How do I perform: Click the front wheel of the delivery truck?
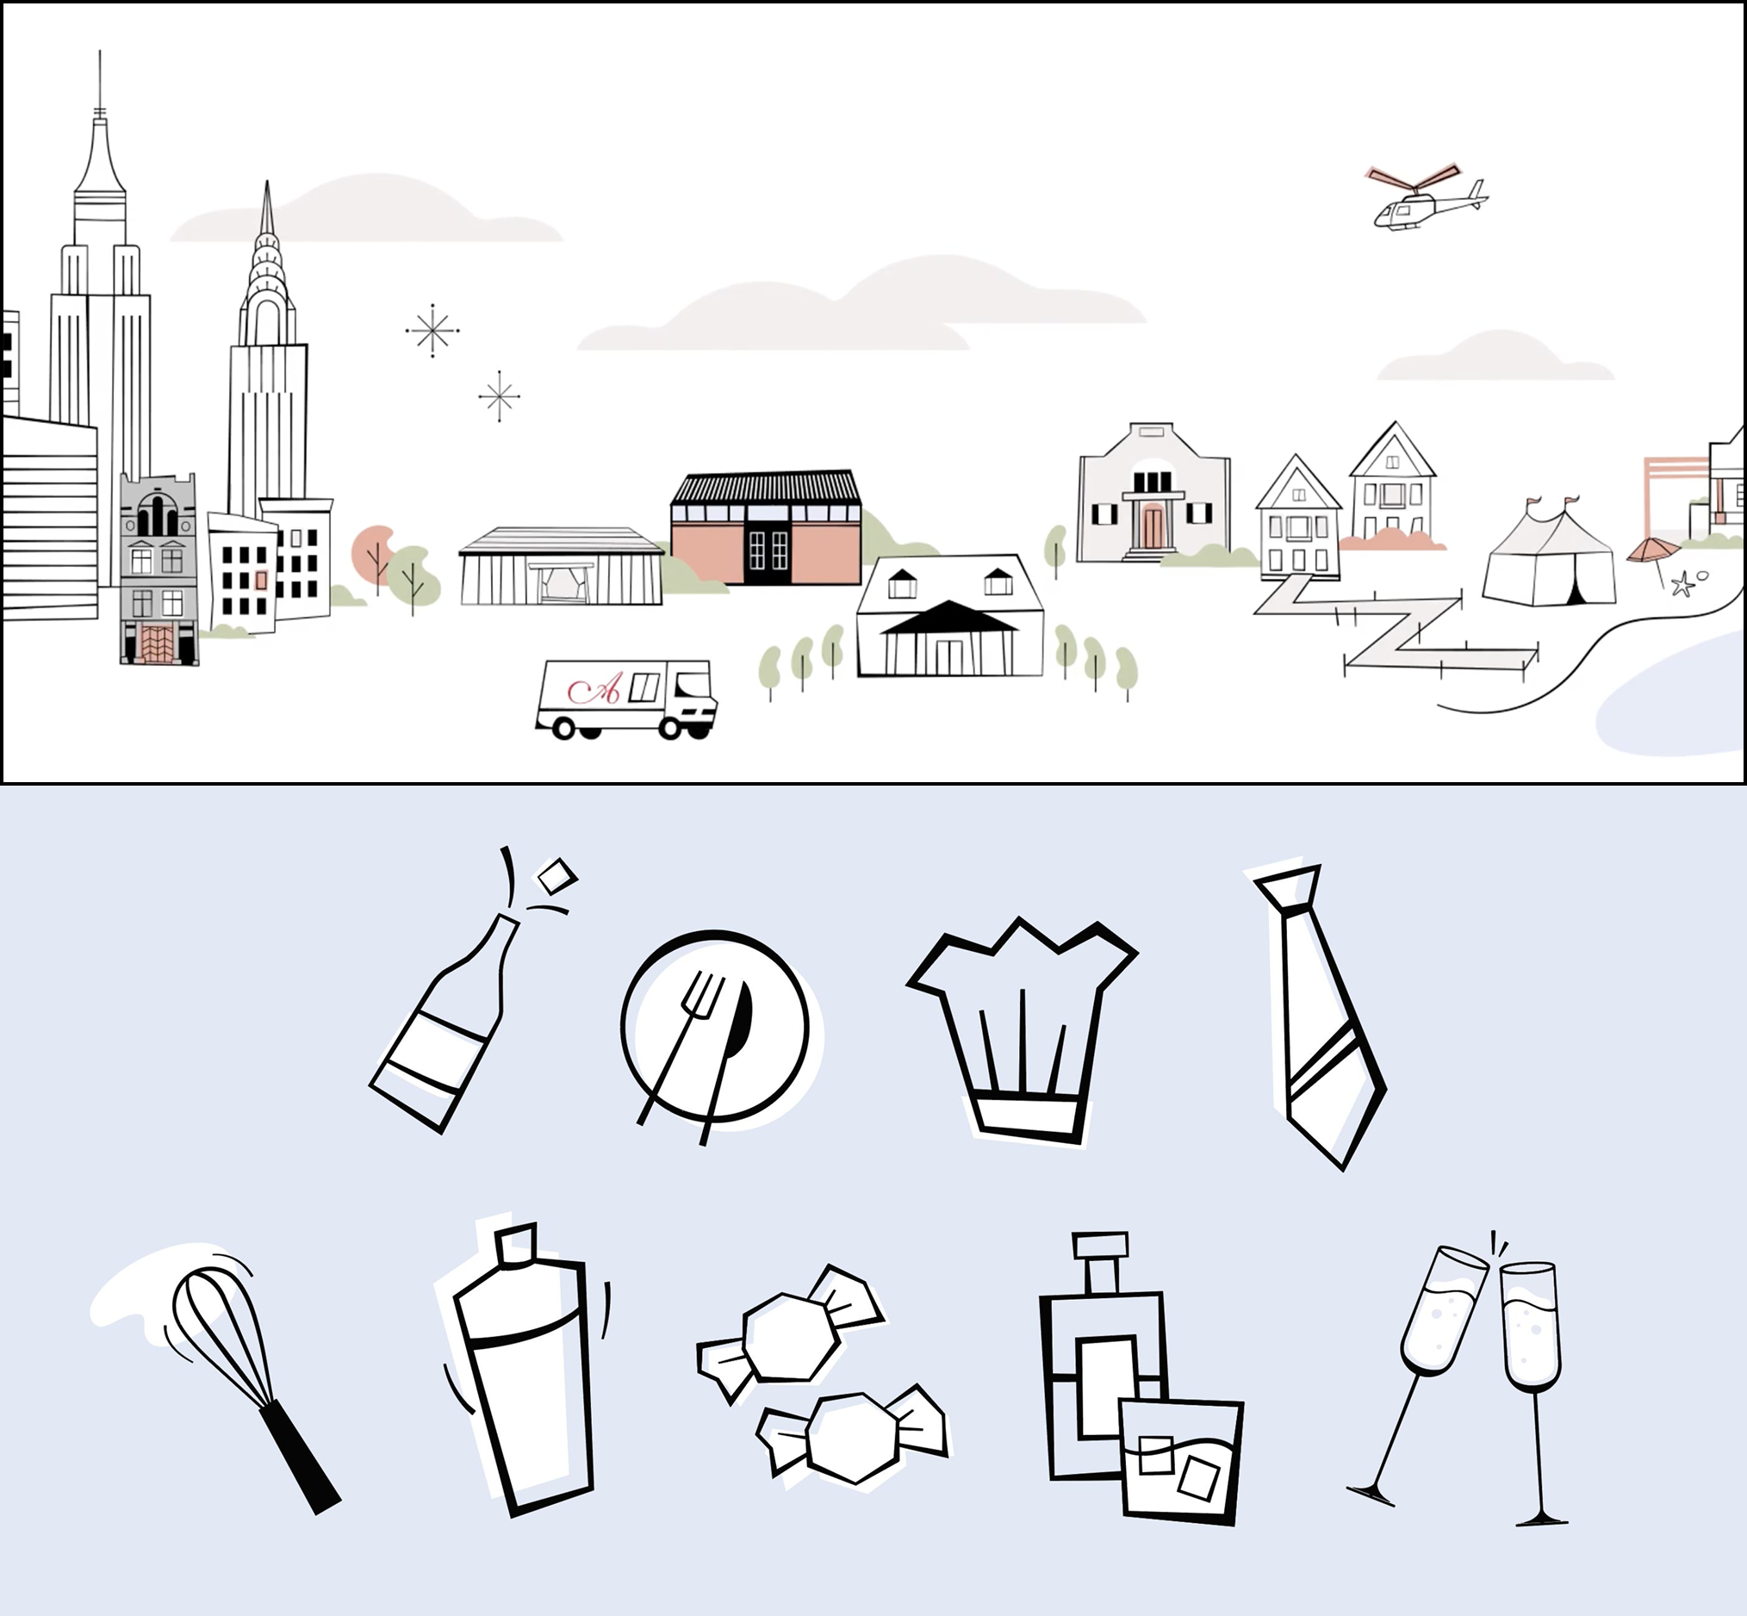coord(673,727)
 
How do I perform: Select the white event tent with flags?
coord(1548,560)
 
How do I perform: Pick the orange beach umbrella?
coord(1652,550)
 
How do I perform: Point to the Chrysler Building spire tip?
coord(267,185)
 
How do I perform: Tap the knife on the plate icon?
coord(735,1041)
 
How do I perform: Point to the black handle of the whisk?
coord(301,1457)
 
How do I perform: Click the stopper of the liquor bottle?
coord(1101,1246)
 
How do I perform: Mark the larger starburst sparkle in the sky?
coord(432,331)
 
